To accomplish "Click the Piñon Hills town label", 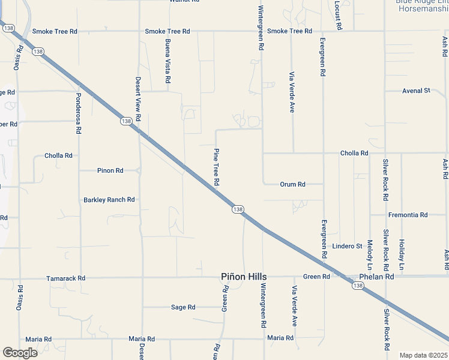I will (243, 277).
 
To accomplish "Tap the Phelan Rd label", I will (376, 277).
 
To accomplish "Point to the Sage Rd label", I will (183, 307).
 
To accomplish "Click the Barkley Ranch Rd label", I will (109, 200).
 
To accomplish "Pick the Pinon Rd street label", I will (110, 171).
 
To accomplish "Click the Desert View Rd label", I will (138, 99).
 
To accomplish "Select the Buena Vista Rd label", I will (168, 61).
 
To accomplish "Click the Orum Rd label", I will (293, 184).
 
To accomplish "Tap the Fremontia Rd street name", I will (408, 215).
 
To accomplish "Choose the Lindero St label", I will (347, 246).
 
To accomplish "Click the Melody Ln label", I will (370, 255).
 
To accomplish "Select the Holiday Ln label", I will (402, 254).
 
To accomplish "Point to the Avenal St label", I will (416, 91).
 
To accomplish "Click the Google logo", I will (20, 352).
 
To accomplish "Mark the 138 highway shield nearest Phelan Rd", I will (358, 286).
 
